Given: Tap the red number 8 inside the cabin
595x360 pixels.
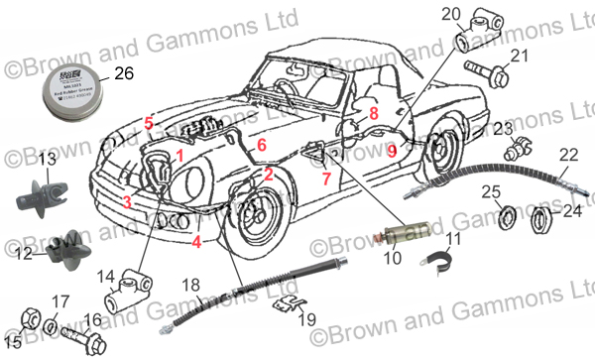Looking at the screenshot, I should coord(373,114).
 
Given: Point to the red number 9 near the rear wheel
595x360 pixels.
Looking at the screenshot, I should coord(392,151).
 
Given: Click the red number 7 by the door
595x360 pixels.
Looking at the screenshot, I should coord(324,180).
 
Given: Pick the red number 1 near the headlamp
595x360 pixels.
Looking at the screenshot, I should coord(179,156).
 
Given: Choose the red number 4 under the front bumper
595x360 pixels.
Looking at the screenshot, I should coord(197,240).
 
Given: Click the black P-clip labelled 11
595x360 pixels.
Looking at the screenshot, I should coord(430,263).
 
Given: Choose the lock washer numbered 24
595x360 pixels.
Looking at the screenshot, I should coord(541,216).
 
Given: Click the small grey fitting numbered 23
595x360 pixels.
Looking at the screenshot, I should coord(516,151).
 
